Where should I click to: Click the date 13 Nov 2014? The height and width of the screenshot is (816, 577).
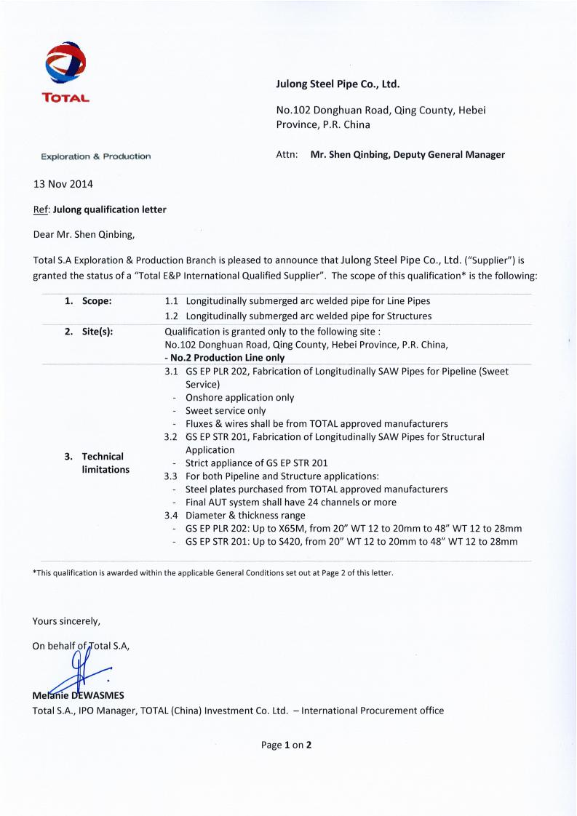coord(63,184)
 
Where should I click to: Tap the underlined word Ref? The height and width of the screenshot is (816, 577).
coord(41,209)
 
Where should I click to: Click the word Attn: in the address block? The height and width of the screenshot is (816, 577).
coord(287,154)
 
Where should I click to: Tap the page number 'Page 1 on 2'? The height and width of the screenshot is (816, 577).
coord(287,745)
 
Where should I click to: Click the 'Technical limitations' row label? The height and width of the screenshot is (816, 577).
coord(103,463)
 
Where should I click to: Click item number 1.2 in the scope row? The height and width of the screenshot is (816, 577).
coord(172,316)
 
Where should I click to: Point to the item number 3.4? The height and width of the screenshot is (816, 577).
coord(172,515)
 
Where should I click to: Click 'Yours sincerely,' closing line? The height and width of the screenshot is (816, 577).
coord(66,621)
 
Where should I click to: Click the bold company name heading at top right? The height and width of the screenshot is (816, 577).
coord(338,84)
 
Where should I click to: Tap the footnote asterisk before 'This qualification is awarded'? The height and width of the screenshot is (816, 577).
coord(35,572)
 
